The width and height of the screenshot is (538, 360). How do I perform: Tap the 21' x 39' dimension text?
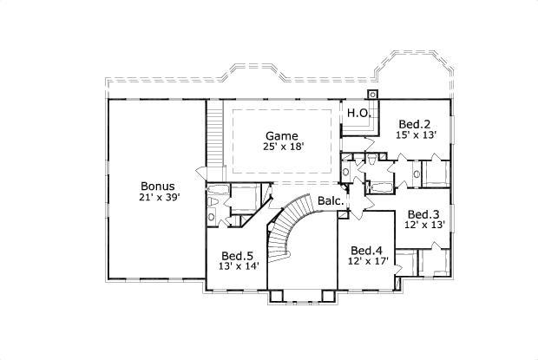click(x=158, y=198)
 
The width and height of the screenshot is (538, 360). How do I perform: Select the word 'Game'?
click(x=281, y=136)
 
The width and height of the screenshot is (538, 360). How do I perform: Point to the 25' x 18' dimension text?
click(x=281, y=147)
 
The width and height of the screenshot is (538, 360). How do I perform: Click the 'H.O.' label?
click(x=359, y=114)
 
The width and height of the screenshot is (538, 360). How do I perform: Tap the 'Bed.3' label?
click(x=424, y=214)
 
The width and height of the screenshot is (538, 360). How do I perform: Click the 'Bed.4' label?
click(x=366, y=250)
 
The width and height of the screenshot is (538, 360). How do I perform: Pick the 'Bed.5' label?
click(x=237, y=256)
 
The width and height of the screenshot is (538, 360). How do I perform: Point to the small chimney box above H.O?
click(x=373, y=94)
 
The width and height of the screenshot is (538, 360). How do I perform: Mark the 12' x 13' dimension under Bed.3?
click(x=424, y=226)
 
